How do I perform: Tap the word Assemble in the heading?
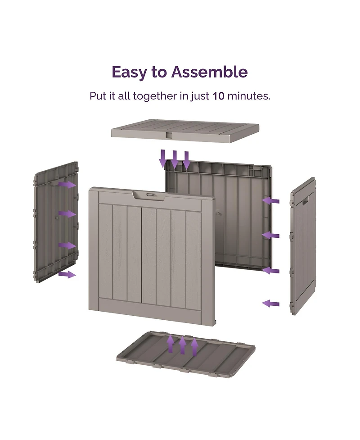[210, 72]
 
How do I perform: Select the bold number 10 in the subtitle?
[218, 96]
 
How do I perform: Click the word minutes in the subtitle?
[249, 96]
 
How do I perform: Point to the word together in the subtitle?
[155, 96]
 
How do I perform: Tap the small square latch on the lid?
[169, 135]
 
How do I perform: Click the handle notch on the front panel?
[149, 195]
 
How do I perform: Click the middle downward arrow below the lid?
[175, 159]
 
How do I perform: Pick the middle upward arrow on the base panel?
[183, 345]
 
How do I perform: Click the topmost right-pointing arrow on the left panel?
[67, 184]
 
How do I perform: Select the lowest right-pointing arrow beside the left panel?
[67, 274]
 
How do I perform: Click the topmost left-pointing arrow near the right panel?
[270, 201]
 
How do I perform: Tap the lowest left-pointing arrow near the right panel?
[270, 304]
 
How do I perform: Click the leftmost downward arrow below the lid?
[162, 159]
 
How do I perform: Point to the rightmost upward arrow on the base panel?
[194, 347]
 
